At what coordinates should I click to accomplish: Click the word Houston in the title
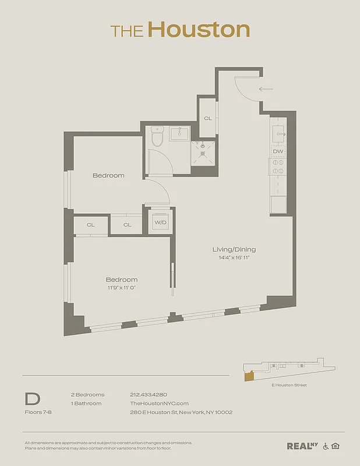[199, 30]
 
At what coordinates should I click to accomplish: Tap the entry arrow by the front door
[266, 89]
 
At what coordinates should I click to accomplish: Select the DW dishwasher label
[278, 151]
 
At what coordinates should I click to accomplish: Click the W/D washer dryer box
[159, 221]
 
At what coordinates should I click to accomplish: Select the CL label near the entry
[207, 118]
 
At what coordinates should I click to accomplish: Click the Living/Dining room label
[234, 249]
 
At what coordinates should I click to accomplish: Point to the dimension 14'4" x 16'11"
[234, 257]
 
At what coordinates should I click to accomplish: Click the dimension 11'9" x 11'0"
[122, 287]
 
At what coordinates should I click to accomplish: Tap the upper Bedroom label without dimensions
[108, 175]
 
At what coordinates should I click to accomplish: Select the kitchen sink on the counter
[278, 133]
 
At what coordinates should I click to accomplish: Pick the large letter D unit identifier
[33, 399]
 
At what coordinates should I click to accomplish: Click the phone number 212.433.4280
[148, 394]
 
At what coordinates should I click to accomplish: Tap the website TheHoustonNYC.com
[159, 403]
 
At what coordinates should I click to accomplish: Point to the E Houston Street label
[289, 385]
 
